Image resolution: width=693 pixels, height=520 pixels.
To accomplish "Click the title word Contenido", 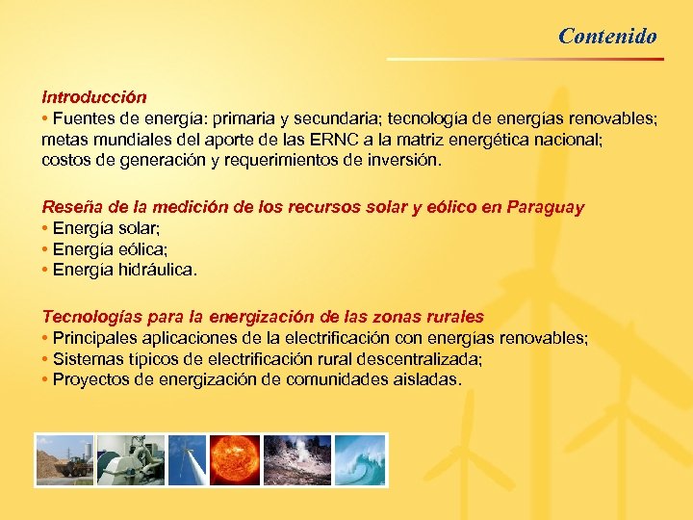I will click(x=607, y=37).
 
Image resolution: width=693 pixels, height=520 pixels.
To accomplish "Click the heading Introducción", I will click(x=93, y=97).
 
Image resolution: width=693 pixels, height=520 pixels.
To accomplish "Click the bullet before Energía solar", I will click(x=45, y=228).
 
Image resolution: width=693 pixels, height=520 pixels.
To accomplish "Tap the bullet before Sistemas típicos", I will click(x=45, y=358).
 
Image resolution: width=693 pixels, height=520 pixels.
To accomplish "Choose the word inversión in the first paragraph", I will click(x=409, y=160).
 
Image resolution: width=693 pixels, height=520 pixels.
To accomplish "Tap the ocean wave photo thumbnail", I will click(x=360, y=459).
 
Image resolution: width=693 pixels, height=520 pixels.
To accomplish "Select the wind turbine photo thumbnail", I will click(x=187, y=459).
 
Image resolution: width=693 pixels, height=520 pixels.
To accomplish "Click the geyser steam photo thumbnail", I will click(x=297, y=459).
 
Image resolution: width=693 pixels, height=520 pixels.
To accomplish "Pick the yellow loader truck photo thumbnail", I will click(x=65, y=459).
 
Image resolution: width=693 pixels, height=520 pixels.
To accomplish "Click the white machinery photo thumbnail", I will click(x=130, y=459).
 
